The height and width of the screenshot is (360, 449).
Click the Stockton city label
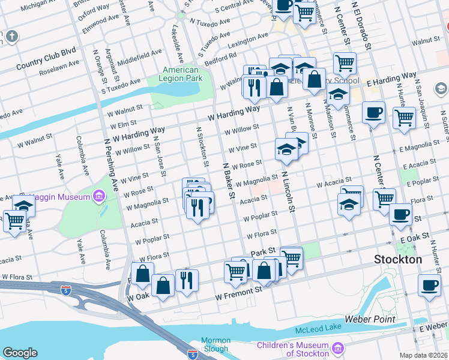coord(398,260)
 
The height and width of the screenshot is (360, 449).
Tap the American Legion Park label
coord(181,74)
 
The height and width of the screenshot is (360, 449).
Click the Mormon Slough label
coord(215,344)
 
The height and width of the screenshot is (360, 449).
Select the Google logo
coord(20,353)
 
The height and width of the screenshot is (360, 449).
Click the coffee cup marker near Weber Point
coord(429,286)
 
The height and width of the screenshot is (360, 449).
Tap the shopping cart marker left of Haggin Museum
coord(14,221)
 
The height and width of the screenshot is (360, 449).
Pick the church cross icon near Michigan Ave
coord(11,37)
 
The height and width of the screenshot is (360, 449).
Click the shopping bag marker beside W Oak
coord(163,285)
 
